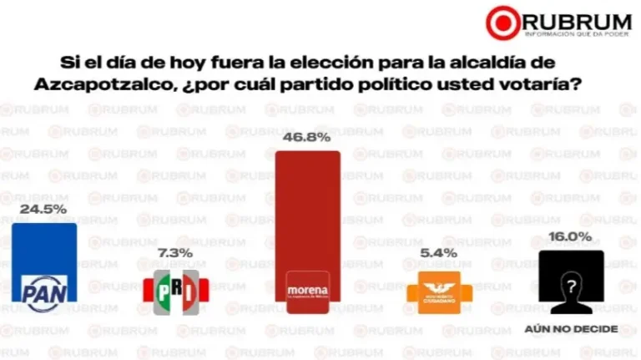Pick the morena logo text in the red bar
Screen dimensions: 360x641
click(x=308, y=289)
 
